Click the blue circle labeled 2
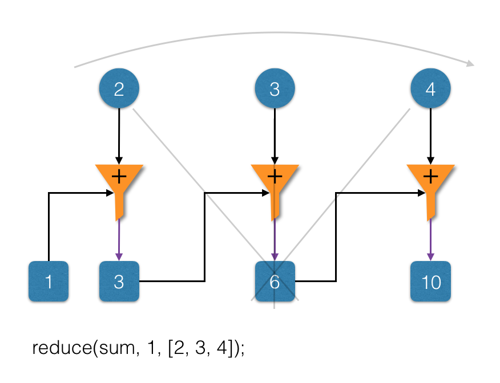(x=119, y=88)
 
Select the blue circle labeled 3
(x=275, y=88)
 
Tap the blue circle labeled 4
(x=430, y=88)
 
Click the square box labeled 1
(x=49, y=281)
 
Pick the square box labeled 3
(x=119, y=281)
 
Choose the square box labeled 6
(x=275, y=281)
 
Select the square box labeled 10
(x=430, y=281)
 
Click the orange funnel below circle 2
(x=119, y=188)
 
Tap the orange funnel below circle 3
(x=275, y=188)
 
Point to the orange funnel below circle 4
(x=430, y=188)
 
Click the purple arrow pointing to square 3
(x=119, y=239)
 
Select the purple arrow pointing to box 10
(x=430, y=239)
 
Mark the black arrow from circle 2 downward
(x=119, y=136)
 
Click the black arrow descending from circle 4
(x=430, y=136)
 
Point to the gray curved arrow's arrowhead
(x=471, y=64)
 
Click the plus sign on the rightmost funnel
(x=430, y=177)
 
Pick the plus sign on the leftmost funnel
(x=119, y=177)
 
